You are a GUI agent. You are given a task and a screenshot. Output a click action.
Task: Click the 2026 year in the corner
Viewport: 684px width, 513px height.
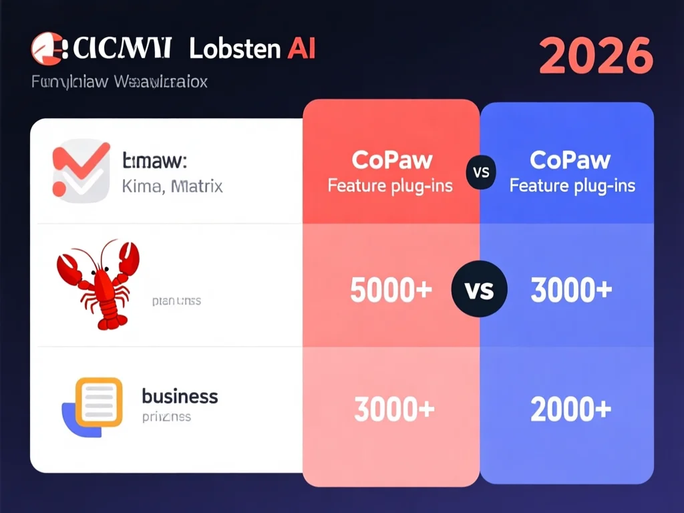(595, 55)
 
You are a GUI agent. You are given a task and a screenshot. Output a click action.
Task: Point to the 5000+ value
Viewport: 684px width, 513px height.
(391, 290)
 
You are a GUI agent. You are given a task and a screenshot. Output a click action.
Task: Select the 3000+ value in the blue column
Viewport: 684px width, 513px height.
(571, 290)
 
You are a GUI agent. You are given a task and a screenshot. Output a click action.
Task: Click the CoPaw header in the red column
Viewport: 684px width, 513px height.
(391, 160)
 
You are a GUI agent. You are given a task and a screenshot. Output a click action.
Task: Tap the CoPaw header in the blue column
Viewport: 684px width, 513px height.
(570, 160)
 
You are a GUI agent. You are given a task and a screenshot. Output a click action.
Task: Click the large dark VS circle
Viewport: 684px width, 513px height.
(480, 290)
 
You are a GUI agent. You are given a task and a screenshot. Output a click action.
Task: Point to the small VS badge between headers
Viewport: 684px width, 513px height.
(481, 172)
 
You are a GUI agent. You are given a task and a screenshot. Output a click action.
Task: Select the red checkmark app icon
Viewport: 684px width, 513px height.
(81, 170)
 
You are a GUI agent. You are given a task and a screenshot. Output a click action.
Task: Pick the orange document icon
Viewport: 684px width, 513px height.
(99, 401)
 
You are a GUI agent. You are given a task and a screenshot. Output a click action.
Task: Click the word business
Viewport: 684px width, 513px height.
(180, 396)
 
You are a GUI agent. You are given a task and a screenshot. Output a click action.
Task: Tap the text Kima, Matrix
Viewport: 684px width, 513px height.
(172, 186)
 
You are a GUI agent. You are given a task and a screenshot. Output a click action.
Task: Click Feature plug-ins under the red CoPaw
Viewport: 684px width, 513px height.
(390, 185)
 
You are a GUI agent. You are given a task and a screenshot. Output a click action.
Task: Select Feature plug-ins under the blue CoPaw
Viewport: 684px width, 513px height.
(572, 185)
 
